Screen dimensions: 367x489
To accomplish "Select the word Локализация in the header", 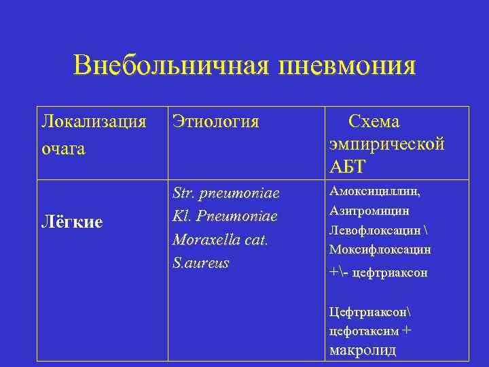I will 94,122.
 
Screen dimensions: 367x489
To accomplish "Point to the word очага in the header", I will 63,148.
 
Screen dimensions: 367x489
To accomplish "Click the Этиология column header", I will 215,122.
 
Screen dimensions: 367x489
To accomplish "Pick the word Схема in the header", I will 374,122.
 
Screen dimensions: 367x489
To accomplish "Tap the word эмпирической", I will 387,144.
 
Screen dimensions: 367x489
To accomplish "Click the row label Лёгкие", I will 71,222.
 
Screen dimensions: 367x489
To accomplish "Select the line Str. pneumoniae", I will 225,194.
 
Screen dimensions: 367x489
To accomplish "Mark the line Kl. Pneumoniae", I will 225,217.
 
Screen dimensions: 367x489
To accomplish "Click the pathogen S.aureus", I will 200,262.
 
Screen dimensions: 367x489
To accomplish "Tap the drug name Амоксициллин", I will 375,192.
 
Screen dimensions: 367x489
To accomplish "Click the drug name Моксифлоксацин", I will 380,249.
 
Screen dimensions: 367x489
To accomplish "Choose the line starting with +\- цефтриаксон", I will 378,273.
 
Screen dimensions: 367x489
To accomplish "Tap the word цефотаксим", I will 364,331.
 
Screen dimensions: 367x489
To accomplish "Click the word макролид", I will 362,351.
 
